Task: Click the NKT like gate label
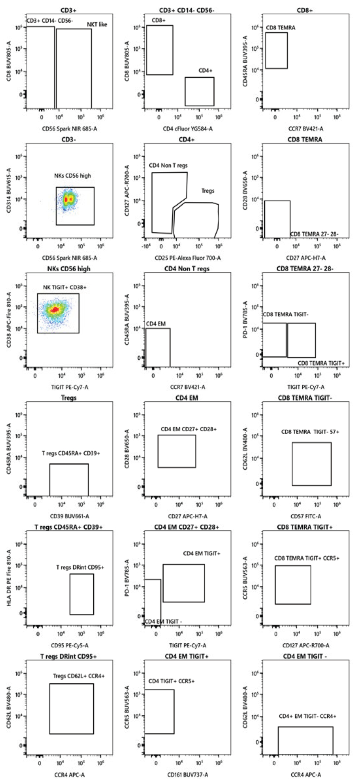pos(97,25)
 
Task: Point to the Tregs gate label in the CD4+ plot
pos(207,191)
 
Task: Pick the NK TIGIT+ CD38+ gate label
pos(65,287)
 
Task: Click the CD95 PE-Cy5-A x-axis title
pos(70,646)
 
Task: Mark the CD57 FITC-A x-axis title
pos(306,516)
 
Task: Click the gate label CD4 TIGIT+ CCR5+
pos(171,681)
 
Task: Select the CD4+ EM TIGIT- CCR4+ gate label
pos(308,717)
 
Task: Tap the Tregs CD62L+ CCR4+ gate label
pos(79,676)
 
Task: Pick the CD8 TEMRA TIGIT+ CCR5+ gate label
pos(307,558)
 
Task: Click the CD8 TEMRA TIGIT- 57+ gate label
pos(310,432)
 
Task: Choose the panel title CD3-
pos(69,140)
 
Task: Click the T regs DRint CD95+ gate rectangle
pos(81,594)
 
